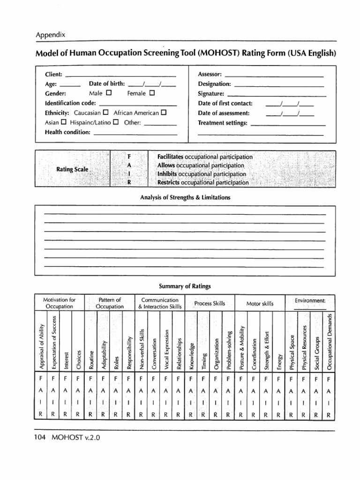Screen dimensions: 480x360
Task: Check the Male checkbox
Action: pos(109,93)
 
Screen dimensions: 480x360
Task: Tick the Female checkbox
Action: pos(152,93)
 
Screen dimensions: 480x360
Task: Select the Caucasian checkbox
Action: pos(105,112)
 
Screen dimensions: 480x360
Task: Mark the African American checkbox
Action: pos(164,112)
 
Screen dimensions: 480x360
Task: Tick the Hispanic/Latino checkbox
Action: pos(116,122)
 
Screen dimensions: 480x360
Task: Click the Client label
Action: pos(54,75)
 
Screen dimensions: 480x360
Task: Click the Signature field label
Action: pos(211,94)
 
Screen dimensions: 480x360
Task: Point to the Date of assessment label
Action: pos(224,113)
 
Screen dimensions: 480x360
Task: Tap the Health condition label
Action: pos(67,132)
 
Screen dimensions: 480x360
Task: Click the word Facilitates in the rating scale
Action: pos(171,157)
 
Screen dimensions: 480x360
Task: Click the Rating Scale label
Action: pos(72,169)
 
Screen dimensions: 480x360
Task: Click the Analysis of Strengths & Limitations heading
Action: pos(185,198)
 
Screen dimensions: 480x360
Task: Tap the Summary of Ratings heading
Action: pos(185,286)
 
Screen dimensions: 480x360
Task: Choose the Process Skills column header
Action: pos(210,304)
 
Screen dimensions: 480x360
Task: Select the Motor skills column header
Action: pos(260,304)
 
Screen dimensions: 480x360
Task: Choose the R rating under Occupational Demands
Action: pos(329,415)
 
